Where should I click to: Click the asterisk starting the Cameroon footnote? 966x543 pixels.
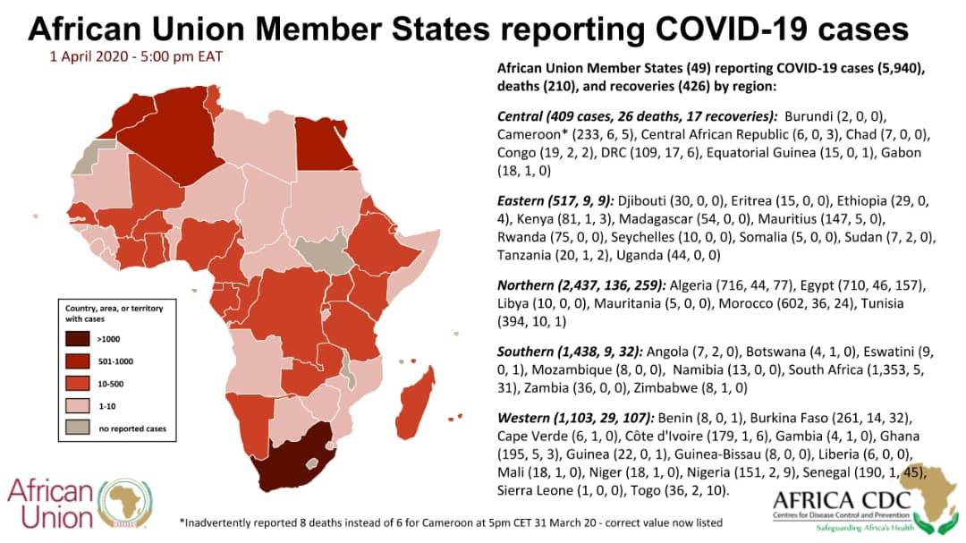(182, 522)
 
